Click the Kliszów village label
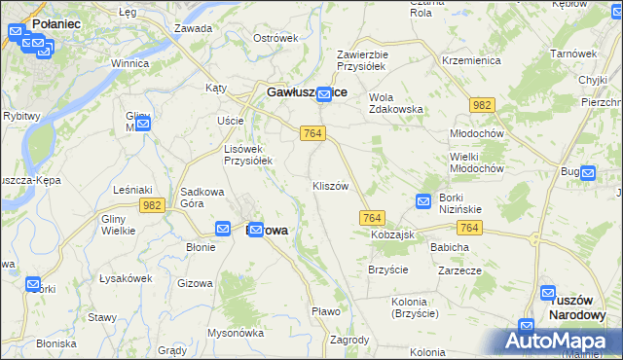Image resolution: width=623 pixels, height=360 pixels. coord(330,186)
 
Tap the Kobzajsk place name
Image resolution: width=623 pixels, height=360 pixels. coord(393,235)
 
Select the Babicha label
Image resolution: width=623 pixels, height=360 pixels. coord(450,247)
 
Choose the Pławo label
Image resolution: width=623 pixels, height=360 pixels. coord(325,311)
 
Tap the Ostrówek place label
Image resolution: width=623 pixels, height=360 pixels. coord(275,38)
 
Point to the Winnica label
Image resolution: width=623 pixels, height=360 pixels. coord(129,63)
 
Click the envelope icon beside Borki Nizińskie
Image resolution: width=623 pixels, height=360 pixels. coord(423,200)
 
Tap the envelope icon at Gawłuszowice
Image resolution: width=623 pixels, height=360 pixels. coord(324,92)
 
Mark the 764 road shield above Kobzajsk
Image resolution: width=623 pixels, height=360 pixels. coord(373,218)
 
